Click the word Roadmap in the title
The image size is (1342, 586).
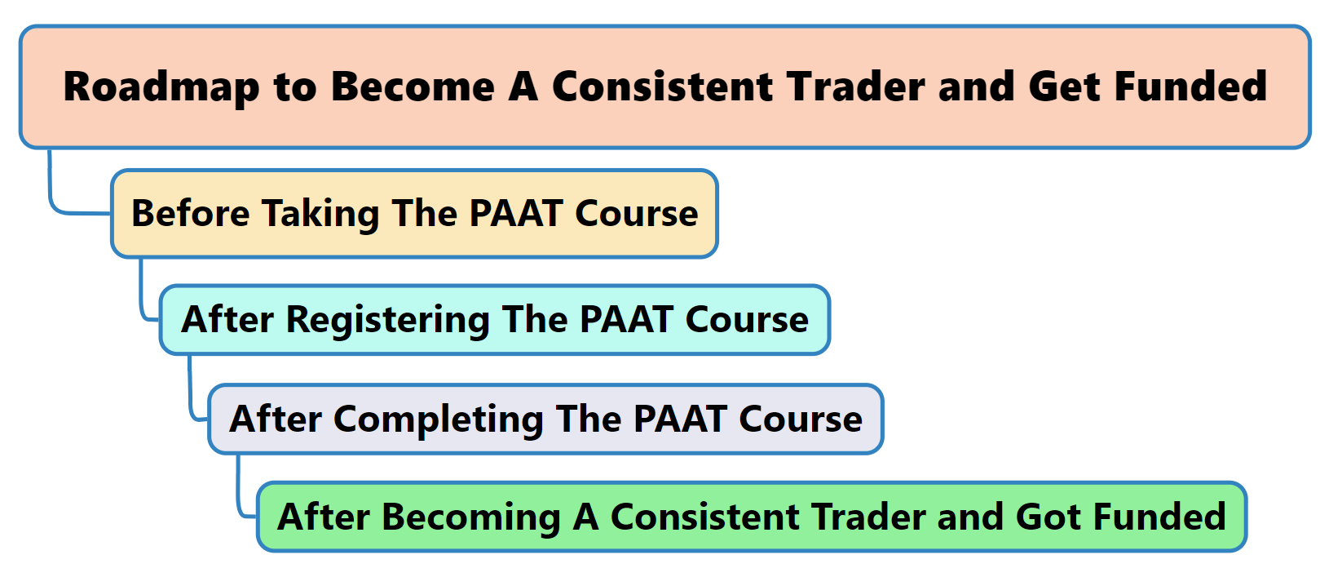[161, 87]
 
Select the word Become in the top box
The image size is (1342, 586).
[413, 87]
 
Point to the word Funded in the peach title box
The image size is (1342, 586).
[1190, 87]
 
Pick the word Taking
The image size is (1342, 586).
[320, 214]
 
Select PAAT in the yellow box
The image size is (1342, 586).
[515, 213]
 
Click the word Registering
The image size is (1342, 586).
[387, 320]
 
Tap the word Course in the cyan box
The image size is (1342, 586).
[747, 319]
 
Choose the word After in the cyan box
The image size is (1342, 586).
[227, 319]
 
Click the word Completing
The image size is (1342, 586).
[438, 420]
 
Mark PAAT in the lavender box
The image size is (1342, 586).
[680, 419]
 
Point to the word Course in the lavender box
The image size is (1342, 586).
[801, 419]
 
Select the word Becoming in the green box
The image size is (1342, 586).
[471, 517]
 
